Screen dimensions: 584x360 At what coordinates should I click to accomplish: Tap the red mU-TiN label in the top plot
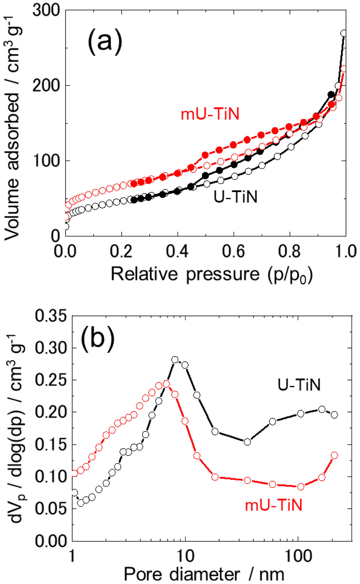click(x=210, y=114)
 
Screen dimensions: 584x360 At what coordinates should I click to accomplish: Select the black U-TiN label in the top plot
click(x=236, y=197)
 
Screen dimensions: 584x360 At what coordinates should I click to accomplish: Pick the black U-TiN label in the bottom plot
click(x=299, y=385)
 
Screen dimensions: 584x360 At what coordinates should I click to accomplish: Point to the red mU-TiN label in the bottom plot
click(x=273, y=505)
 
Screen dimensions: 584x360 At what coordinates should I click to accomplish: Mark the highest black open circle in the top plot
click(x=343, y=33)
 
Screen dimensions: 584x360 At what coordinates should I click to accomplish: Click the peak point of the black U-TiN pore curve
click(x=175, y=360)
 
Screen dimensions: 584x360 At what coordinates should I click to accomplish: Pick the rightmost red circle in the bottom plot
click(x=334, y=455)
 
